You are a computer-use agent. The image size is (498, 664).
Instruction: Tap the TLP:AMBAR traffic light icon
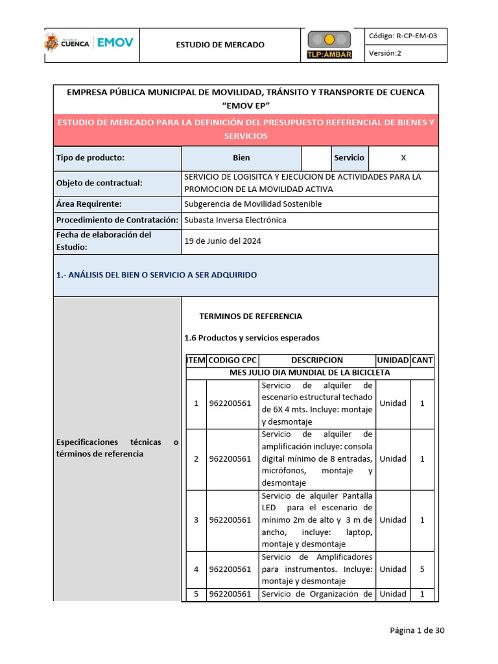pyautogui.click(x=329, y=44)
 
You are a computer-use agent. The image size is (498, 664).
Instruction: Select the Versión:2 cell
pyautogui.click(x=386, y=54)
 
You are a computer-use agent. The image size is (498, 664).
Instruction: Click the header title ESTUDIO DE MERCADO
pyautogui.click(x=220, y=45)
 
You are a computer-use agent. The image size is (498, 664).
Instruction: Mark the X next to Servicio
pyautogui.click(x=403, y=158)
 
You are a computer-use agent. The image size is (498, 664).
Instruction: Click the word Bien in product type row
pyautogui.click(x=241, y=158)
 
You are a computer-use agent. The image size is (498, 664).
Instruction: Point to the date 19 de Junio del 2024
pyautogui.click(x=223, y=241)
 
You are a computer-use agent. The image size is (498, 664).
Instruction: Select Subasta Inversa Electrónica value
pyautogui.click(x=235, y=220)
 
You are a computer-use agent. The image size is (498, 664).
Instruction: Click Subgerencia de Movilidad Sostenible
pyautogui.click(x=253, y=204)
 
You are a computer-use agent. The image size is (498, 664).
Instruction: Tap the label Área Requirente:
pyautogui.click(x=89, y=204)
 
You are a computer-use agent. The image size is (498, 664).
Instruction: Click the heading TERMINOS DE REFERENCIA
pyautogui.click(x=250, y=316)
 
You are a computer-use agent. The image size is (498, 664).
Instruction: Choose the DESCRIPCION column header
pyautogui.click(x=317, y=360)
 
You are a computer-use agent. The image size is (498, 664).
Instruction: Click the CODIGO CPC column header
pyautogui.click(x=232, y=360)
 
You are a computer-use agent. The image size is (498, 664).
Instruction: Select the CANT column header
pyautogui.click(x=422, y=360)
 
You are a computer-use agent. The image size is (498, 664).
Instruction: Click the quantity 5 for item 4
pyautogui.click(x=422, y=569)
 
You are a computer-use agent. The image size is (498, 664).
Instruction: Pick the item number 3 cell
pyautogui.click(x=196, y=519)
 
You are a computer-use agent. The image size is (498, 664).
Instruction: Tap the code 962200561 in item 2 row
pyautogui.click(x=230, y=459)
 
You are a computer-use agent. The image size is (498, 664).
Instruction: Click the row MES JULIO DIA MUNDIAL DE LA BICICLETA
pyautogui.click(x=310, y=373)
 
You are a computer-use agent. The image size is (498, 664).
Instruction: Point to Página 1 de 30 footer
pyautogui.click(x=417, y=630)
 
